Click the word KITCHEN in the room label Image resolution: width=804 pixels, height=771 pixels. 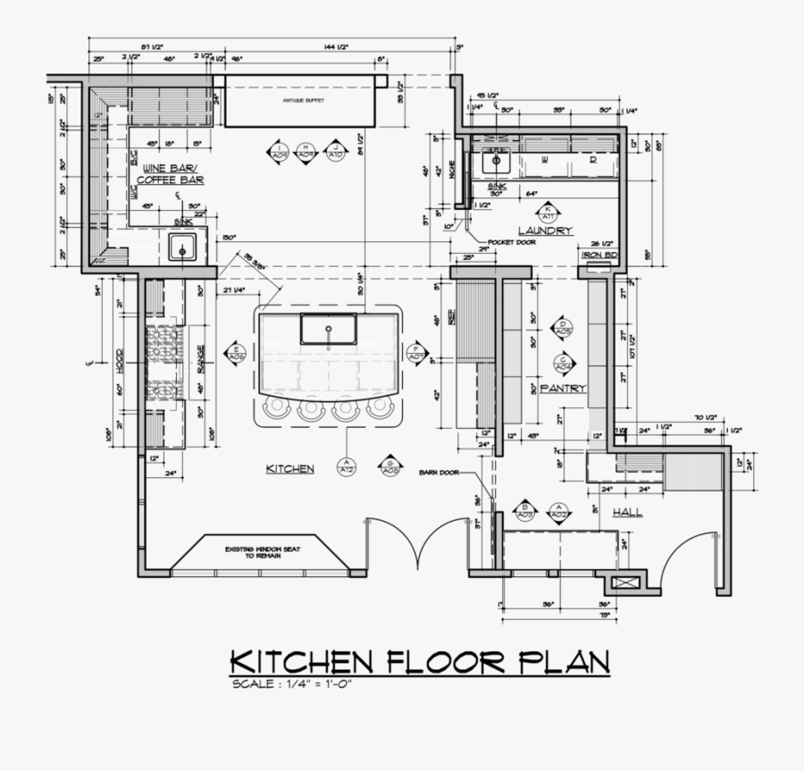click(289, 468)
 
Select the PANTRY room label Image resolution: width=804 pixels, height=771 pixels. click(563, 388)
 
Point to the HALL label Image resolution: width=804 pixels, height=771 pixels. click(627, 513)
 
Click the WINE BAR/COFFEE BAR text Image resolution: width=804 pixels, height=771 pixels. click(171, 174)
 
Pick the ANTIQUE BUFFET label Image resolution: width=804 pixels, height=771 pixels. click(302, 101)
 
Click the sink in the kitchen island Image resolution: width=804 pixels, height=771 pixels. click(329, 329)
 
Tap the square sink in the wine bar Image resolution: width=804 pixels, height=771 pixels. click(182, 249)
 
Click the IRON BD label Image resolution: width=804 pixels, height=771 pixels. click(599, 255)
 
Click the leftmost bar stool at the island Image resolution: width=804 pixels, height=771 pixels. click(275, 407)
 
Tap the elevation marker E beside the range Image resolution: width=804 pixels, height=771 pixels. click(236, 352)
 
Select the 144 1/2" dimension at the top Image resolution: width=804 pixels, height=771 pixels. click(336, 46)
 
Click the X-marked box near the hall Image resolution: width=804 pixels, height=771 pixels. click(623, 583)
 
